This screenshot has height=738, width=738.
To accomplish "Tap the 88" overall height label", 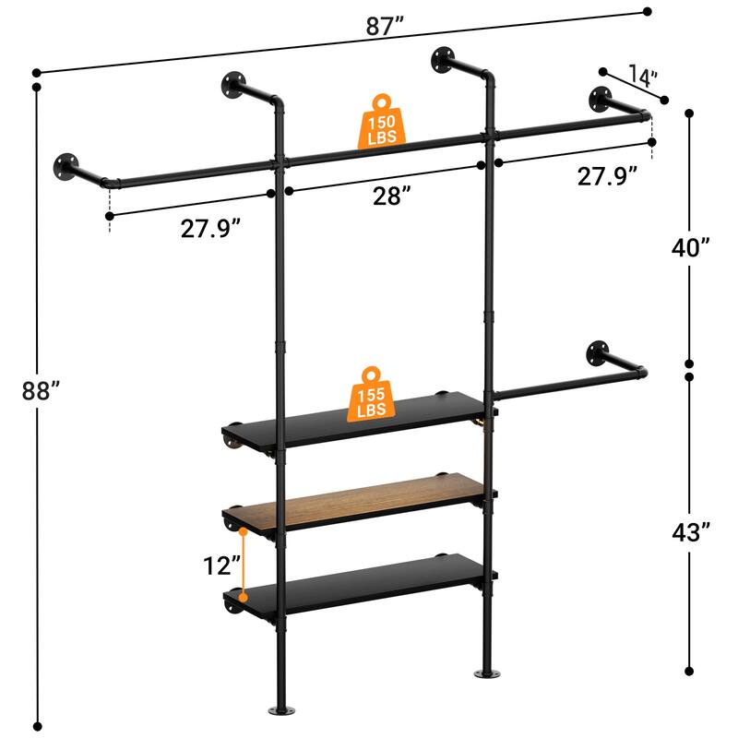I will coord(42,390).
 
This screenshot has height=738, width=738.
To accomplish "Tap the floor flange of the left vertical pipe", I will coord(278,711).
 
